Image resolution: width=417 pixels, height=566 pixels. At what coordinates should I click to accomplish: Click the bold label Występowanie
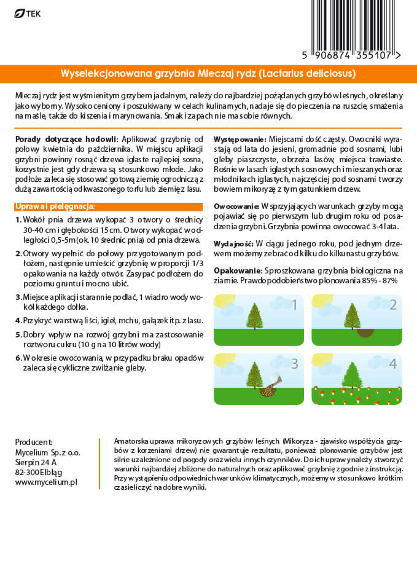[x=240, y=140]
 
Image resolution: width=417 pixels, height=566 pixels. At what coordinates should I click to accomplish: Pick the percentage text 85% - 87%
[x=378, y=280]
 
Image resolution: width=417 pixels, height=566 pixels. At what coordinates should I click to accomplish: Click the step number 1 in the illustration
[x=294, y=305]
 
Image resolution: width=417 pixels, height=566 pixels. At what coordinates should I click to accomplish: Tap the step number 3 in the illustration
[x=294, y=363]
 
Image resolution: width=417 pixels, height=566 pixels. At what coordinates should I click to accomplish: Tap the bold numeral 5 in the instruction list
[x=18, y=334]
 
